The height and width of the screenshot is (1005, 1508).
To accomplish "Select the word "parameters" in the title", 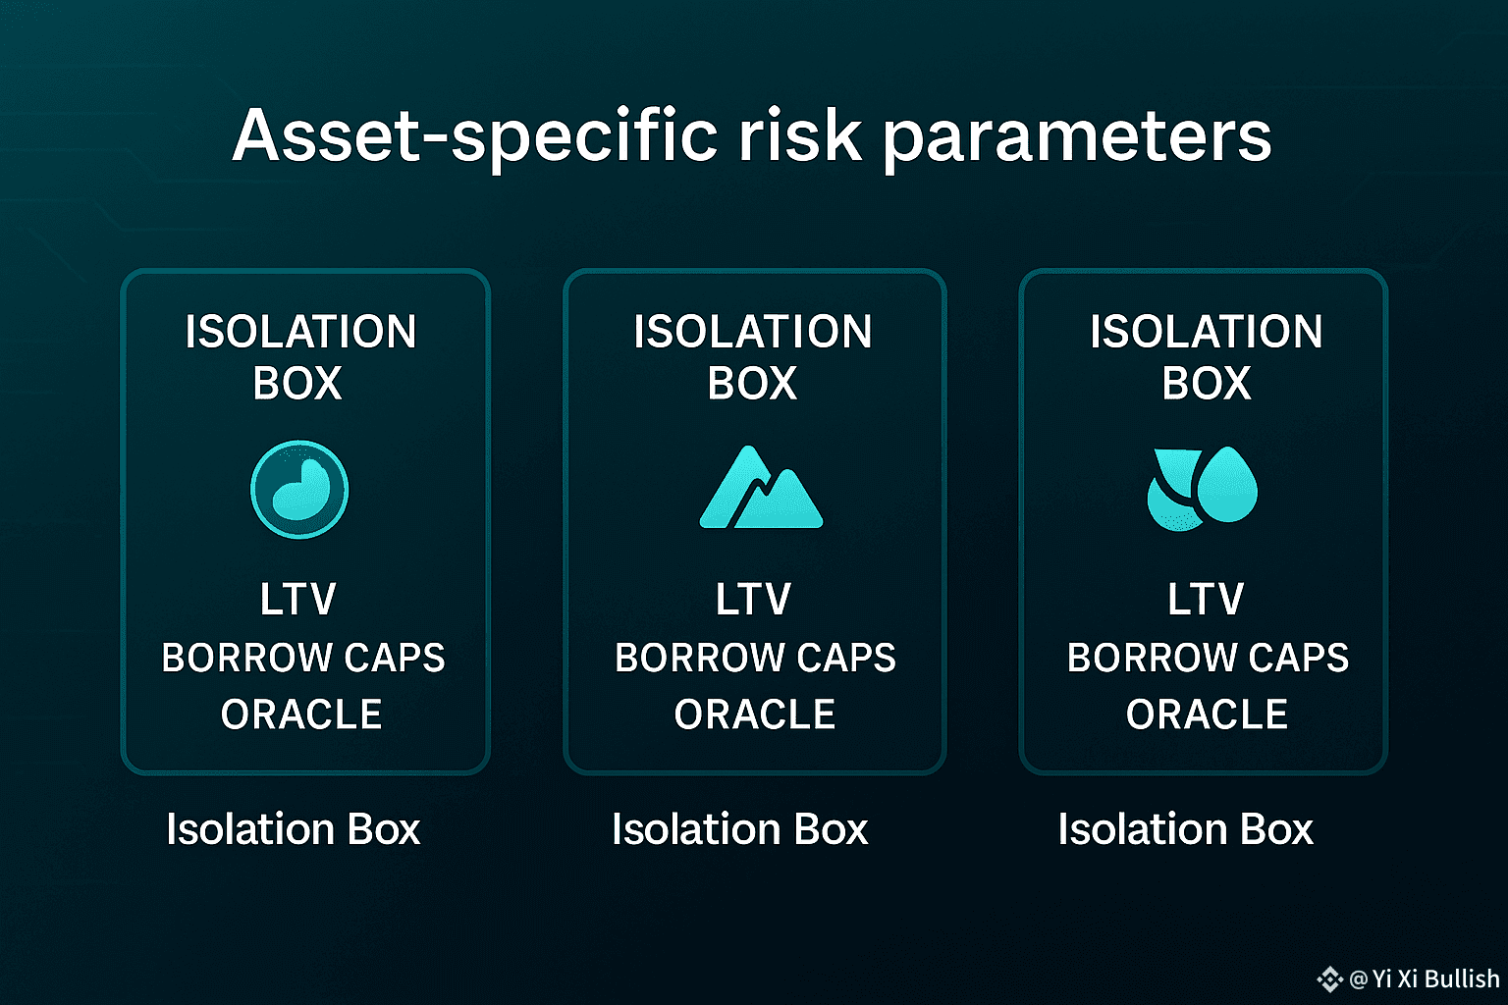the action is click(x=1077, y=142).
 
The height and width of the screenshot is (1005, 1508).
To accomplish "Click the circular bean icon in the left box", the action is click(x=299, y=490).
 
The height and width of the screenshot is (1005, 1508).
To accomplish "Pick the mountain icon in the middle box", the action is click(x=761, y=487).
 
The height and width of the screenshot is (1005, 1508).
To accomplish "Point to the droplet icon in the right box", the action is click(x=1203, y=489).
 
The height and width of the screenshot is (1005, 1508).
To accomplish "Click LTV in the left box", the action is click(x=298, y=599).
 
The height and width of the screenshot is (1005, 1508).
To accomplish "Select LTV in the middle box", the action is click(x=753, y=599).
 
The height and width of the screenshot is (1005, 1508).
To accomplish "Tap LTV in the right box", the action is click(x=1206, y=599).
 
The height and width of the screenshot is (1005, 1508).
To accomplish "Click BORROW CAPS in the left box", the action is click(x=303, y=658).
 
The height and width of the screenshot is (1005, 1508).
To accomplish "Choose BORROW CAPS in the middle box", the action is click(x=755, y=658).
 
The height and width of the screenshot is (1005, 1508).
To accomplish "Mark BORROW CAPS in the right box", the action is click(x=1209, y=658).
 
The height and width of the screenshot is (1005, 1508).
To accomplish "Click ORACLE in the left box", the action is click(x=301, y=714).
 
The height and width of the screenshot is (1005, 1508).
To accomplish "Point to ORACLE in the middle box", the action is click(x=755, y=714).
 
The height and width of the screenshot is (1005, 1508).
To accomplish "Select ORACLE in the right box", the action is click(x=1207, y=714).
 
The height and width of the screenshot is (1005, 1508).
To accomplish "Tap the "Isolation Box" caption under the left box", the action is click(x=294, y=828).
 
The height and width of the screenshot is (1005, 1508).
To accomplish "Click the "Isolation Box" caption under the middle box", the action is click(x=740, y=828).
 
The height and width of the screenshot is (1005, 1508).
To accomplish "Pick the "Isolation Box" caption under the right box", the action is click(x=1186, y=828).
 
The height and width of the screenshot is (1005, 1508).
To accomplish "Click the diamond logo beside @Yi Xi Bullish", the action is click(x=1329, y=979).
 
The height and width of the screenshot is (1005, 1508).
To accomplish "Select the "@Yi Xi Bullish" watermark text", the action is click(x=1425, y=979).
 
